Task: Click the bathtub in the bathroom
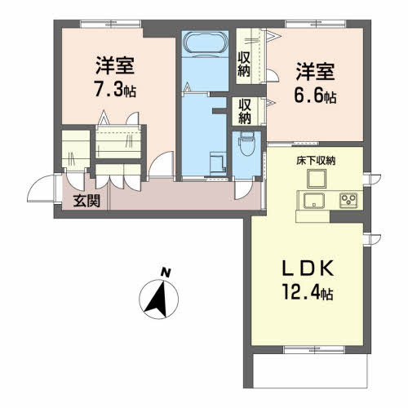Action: coord(206,43)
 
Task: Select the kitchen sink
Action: coord(314,201)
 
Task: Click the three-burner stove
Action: coord(348,201)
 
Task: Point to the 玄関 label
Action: coord(86,201)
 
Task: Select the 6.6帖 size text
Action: coord(315,95)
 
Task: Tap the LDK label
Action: coord(308,268)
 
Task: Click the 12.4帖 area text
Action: coord(308,291)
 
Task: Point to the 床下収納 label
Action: coord(316,161)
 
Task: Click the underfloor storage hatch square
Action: coord(317,179)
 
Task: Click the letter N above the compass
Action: coord(166,273)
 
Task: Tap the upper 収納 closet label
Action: coord(244,64)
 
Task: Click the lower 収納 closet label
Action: coord(245,112)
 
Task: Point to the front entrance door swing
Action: coord(41,188)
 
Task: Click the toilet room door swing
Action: coord(244,190)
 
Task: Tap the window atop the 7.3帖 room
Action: coord(111,24)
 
